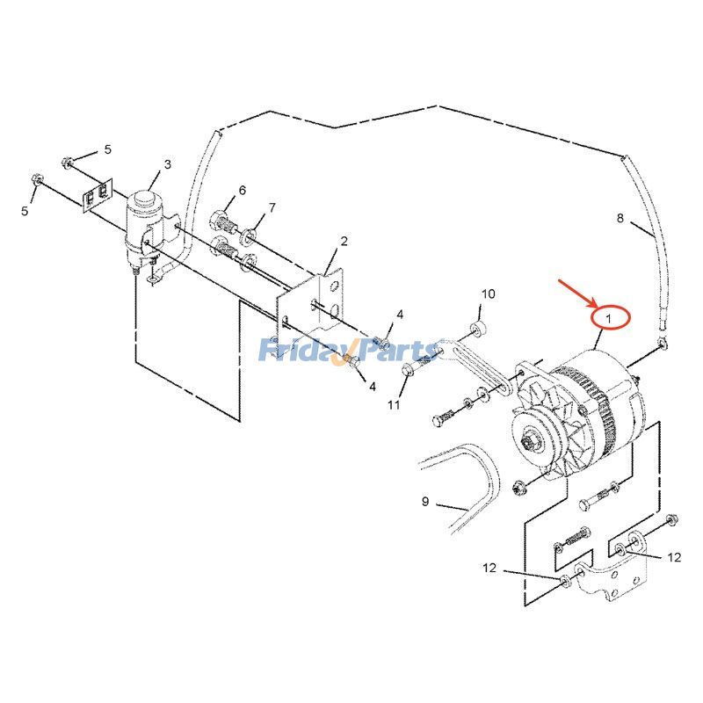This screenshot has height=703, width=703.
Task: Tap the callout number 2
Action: pyautogui.click(x=344, y=241)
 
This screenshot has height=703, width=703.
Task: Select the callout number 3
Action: pyautogui.click(x=167, y=164)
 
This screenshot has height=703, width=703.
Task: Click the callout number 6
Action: pyautogui.click(x=242, y=191)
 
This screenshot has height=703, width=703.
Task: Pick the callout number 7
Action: pyautogui.click(x=272, y=208)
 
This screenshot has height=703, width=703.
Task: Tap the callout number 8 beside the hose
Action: pyautogui.click(x=620, y=218)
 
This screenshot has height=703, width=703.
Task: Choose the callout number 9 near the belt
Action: pyautogui.click(x=425, y=502)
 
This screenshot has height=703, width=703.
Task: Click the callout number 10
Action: pyautogui.click(x=489, y=293)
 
